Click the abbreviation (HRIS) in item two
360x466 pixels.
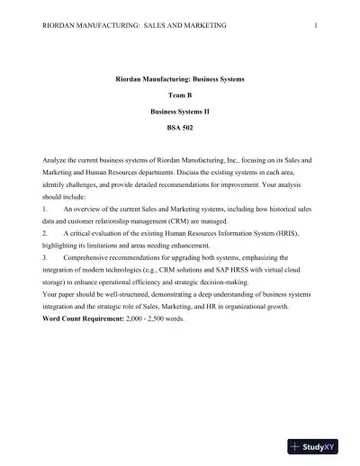coord(292,232)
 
